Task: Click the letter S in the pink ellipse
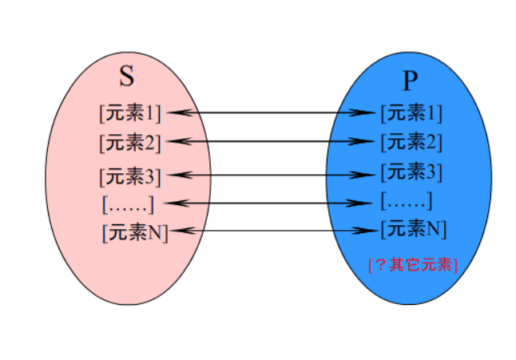[x=127, y=77]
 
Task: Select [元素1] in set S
[x=130, y=113]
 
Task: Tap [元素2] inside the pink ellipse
[x=130, y=143]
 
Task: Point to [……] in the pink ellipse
[x=127, y=204]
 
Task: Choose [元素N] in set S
[x=135, y=233]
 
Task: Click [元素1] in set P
[x=411, y=113]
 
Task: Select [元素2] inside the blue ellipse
[x=411, y=142]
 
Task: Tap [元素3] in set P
[x=411, y=172]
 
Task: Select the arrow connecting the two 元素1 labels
[x=272, y=113]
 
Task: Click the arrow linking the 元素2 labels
[x=272, y=142]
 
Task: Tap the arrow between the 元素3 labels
[x=272, y=173]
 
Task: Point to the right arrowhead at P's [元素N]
[x=368, y=231]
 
